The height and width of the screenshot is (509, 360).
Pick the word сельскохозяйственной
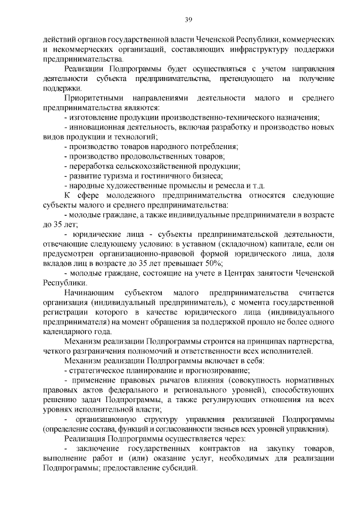151,166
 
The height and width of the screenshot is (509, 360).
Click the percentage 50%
213,264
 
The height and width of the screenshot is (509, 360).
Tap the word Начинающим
90,293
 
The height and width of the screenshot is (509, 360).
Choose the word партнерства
310,342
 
